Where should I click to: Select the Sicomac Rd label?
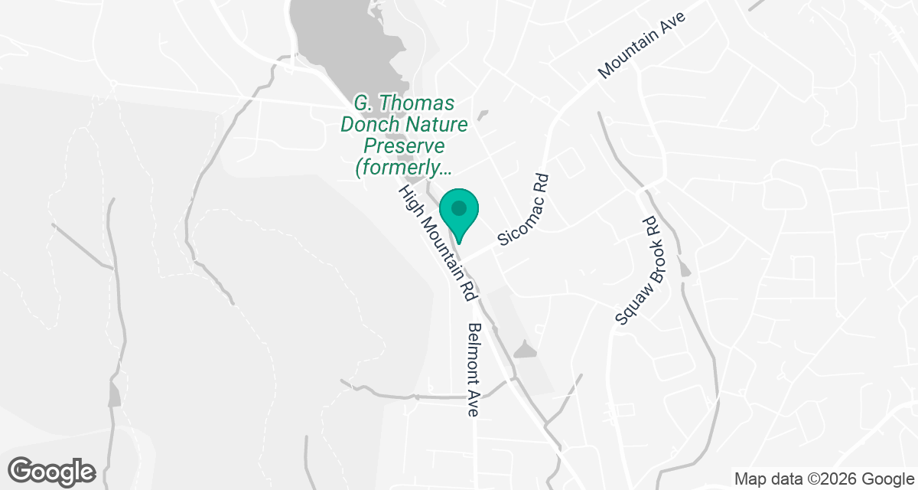pos(524,209)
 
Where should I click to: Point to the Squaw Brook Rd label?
pos(636,271)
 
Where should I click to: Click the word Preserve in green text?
pos(404,146)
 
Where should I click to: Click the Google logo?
pos(52,470)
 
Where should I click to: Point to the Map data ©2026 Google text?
pos(823,479)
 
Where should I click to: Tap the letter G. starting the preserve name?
pos(362,103)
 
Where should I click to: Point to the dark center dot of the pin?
pos(458,207)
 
